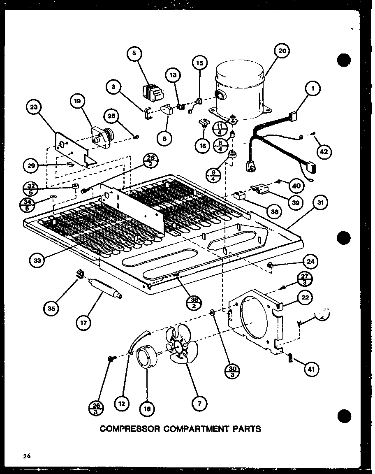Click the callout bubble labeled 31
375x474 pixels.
point(322,202)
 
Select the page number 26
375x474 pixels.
point(27,455)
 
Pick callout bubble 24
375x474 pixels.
point(311,260)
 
